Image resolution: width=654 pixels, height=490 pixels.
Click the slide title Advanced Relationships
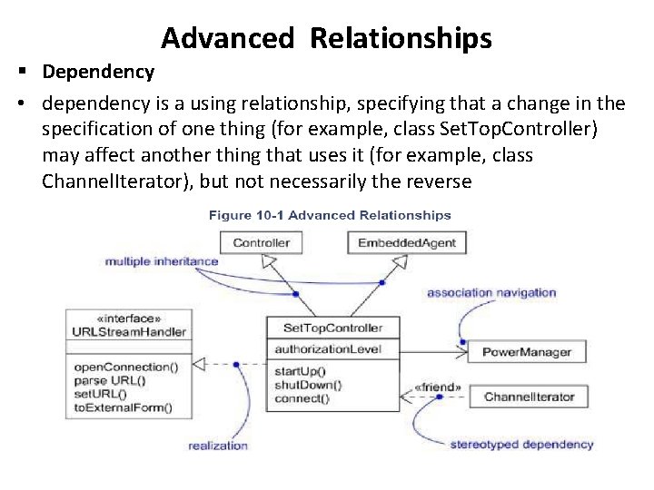[x=327, y=38]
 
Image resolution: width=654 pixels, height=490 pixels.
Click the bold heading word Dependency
[x=98, y=71]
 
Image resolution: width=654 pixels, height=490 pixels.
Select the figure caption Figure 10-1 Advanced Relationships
[x=330, y=215]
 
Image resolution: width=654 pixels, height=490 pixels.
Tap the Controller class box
[x=261, y=242]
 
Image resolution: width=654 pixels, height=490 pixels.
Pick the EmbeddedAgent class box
[x=406, y=242]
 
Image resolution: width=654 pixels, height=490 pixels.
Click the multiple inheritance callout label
[x=162, y=261]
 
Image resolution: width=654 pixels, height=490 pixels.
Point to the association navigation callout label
[x=491, y=293]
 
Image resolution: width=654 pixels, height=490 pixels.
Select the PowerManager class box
[x=526, y=351]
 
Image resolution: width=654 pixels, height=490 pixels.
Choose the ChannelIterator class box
[x=529, y=397]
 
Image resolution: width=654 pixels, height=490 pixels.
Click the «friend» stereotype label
[x=437, y=387]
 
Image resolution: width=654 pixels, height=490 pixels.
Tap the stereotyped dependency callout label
[x=521, y=444]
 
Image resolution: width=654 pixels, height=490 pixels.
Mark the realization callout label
[x=218, y=445]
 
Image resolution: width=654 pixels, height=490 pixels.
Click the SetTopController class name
[x=332, y=328]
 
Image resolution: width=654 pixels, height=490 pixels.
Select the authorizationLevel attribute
[x=315, y=348]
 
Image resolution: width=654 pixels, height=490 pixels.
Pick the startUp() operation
[x=299, y=371]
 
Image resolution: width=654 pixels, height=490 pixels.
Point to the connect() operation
[x=302, y=397]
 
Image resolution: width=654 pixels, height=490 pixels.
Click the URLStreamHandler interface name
[x=129, y=331]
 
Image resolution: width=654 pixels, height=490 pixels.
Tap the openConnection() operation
[x=125, y=367]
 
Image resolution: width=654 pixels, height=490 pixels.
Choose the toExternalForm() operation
[x=123, y=407]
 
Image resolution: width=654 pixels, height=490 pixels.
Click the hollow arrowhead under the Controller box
[x=267, y=260]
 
